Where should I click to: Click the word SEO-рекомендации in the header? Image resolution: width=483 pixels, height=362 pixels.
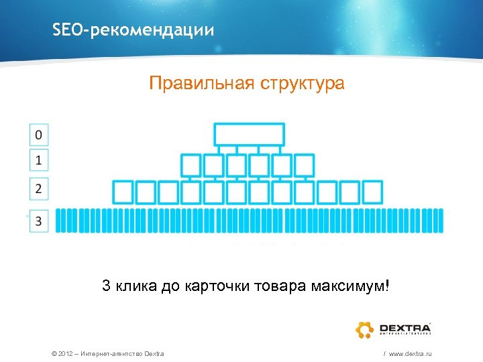point(133,30)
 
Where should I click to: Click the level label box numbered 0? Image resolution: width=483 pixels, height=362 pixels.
point(39,135)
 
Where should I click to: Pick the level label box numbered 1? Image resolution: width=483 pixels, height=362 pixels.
point(39,160)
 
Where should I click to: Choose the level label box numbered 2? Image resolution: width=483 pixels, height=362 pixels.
point(39,188)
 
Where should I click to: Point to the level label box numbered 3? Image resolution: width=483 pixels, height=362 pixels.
point(39,221)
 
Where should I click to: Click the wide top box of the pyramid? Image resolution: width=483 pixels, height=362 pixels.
point(249,134)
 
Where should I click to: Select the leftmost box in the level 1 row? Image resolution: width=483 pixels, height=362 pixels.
point(192,165)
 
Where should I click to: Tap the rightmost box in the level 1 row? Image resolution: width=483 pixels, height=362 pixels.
point(305,165)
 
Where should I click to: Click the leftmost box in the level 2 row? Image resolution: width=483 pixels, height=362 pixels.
point(123,192)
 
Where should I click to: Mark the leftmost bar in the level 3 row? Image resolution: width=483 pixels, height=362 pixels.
point(58,221)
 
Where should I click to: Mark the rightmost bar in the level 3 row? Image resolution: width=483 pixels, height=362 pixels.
point(440,221)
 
